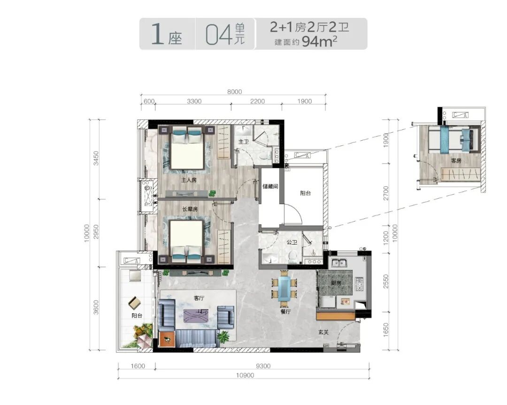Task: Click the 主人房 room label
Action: (x=189, y=180)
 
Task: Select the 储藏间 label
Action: (x=270, y=186)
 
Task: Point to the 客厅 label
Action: (x=199, y=298)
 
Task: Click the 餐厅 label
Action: (x=286, y=312)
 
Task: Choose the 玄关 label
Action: (x=323, y=332)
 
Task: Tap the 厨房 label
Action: (x=336, y=283)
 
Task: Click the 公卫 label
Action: (x=292, y=242)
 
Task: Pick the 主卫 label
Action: (x=243, y=142)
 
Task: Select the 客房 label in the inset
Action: (x=456, y=161)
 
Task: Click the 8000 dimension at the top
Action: (x=234, y=92)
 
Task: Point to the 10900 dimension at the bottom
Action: (x=245, y=375)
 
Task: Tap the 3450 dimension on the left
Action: (x=96, y=158)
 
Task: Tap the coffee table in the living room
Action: (x=196, y=315)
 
